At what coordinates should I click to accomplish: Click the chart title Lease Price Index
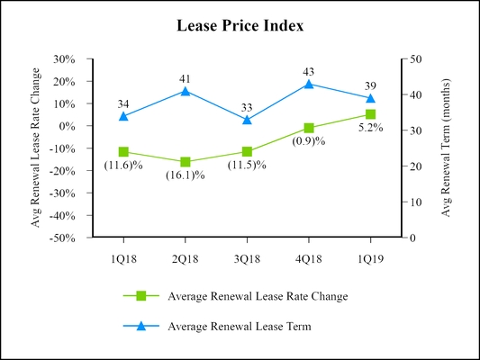pyautogui.click(x=240, y=26)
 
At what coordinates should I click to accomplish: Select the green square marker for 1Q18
pyautogui.click(x=123, y=152)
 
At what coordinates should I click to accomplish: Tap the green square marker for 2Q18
pyautogui.click(x=186, y=162)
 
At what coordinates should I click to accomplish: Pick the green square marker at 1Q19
pyautogui.click(x=370, y=114)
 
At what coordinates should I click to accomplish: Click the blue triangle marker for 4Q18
pyautogui.click(x=309, y=84)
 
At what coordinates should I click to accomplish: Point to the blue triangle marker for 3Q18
pyautogui.click(x=247, y=119)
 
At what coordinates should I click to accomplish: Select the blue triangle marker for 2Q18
pyautogui.click(x=186, y=91)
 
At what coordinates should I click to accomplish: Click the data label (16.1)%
pyautogui.click(x=186, y=175)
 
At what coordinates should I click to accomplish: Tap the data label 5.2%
pyautogui.click(x=370, y=128)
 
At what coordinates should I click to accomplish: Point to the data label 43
pyautogui.click(x=309, y=71)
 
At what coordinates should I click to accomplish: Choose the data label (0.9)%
pyautogui.click(x=309, y=141)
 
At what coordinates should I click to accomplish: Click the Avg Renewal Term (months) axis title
pyautogui.click(x=446, y=148)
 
